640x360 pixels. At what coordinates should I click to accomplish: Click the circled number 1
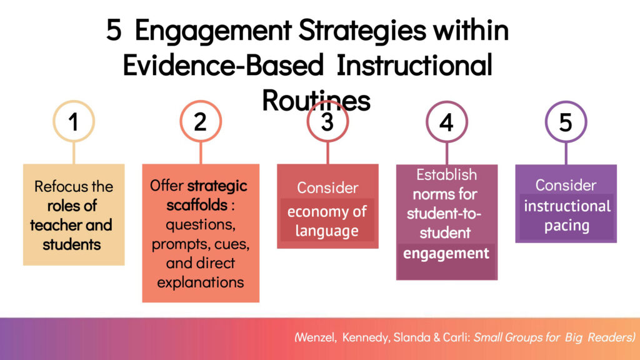[x=74, y=121]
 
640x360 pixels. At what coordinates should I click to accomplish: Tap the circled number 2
[x=201, y=121]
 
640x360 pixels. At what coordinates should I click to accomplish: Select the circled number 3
[x=327, y=122]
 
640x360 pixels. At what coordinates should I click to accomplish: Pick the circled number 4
[x=446, y=122]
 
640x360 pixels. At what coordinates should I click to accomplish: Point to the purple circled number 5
[x=566, y=122]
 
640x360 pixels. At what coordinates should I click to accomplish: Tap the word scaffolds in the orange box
[x=197, y=204]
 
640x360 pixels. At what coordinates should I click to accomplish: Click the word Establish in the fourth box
[x=446, y=175]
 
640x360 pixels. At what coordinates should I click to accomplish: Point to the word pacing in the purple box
[x=566, y=226]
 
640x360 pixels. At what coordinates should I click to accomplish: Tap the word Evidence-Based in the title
[x=223, y=65]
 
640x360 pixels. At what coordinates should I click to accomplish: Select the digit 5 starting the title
[x=114, y=30]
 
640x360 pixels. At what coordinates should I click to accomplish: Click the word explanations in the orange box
[x=201, y=282]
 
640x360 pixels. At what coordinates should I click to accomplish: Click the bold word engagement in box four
[x=446, y=254]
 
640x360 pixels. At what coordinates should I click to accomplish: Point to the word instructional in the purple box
[x=567, y=206]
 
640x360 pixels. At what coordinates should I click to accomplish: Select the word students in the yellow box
[x=71, y=244]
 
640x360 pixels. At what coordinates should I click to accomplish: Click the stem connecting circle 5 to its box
[x=566, y=154]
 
